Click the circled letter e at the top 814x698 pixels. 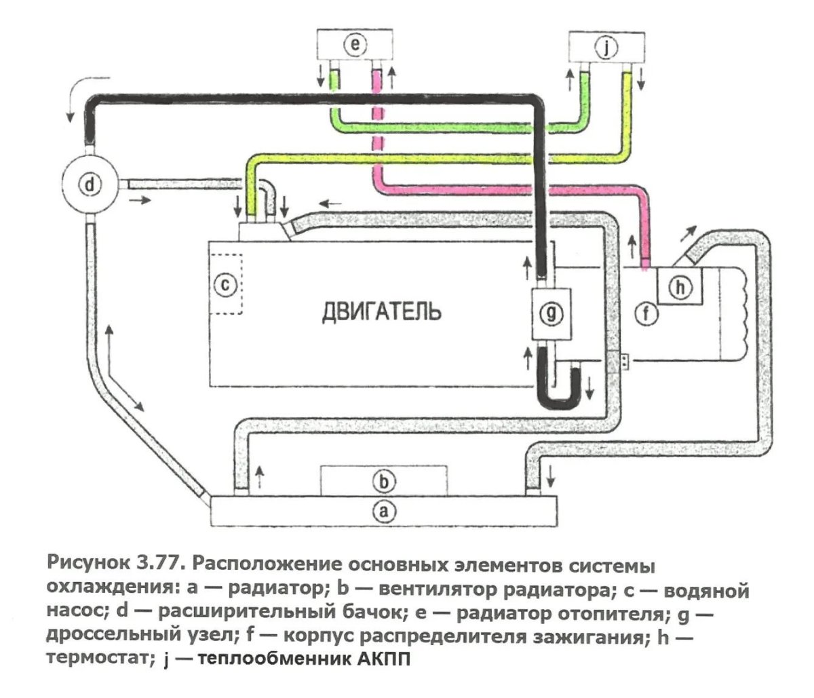coord(354,45)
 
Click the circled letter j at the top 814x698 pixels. coord(606,47)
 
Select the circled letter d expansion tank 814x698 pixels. coord(90,182)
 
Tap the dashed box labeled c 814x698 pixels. coord(226,284)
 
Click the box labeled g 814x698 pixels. coord(551,313)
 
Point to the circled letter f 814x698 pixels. coord(646,314)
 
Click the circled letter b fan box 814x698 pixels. coord(384,482)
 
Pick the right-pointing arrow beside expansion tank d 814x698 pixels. coord(141,200)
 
